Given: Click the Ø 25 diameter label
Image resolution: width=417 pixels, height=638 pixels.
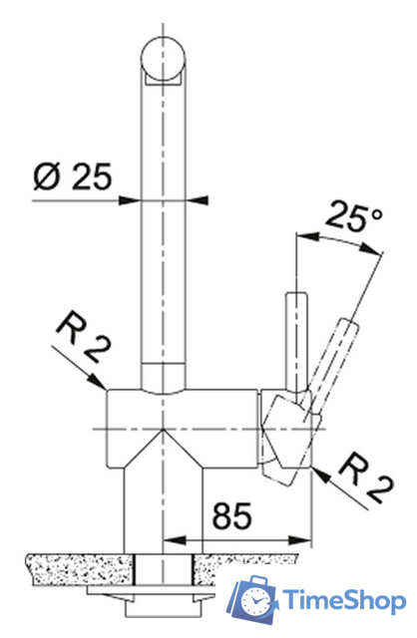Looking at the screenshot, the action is tap(73, 177).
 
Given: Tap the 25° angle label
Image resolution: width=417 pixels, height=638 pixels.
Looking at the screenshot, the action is tap(353, 215).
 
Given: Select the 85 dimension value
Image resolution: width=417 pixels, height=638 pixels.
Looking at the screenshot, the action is tap(232, 516).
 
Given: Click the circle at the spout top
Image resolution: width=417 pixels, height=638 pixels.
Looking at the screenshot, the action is tap(163, 59).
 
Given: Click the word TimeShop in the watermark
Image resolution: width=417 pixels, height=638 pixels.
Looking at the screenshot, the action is tap(345, 600).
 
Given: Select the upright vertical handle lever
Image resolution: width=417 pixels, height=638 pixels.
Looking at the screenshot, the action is tap(296, 341).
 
